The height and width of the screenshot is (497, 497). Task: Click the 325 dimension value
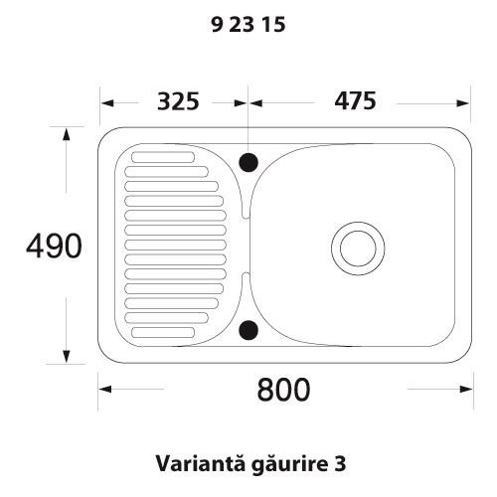(178, 101)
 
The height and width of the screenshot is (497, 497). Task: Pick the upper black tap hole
(249, 159)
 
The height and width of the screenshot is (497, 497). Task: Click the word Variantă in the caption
(190, 463)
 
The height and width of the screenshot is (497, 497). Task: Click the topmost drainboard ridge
(167, 156)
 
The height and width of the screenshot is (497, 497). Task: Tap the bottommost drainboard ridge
(167, 332)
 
